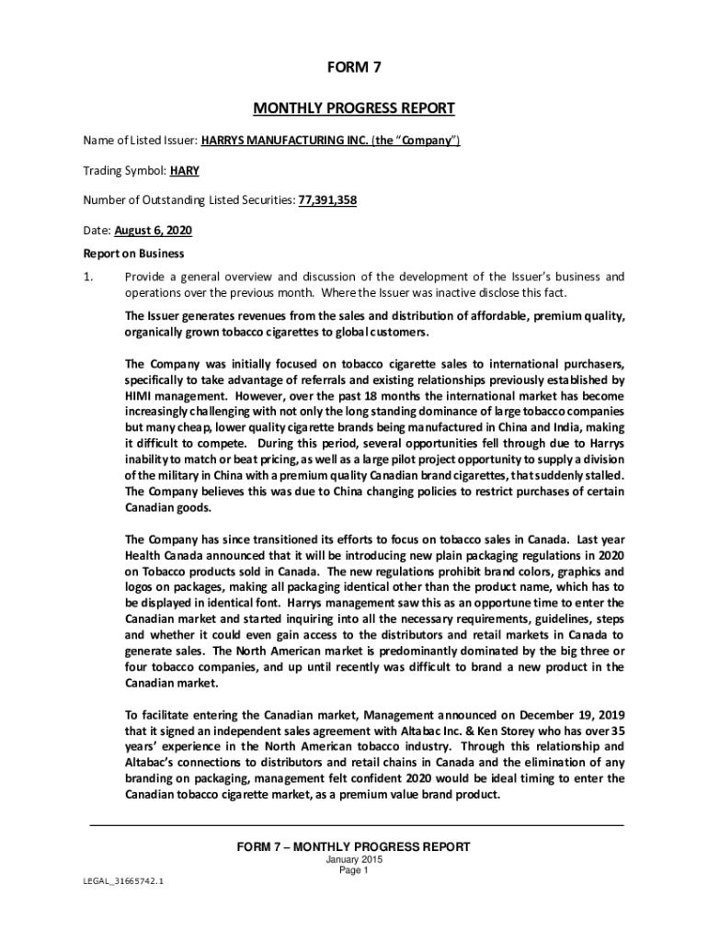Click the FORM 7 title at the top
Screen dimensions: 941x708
coord(354,67)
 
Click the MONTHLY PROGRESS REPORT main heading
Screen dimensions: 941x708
coord(354,108)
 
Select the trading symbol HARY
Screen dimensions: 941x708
coord(185,170)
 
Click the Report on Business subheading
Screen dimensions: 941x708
coord(134,254)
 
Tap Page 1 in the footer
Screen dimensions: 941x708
coord(354,870)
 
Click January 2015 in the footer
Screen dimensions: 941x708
coord(354,859)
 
